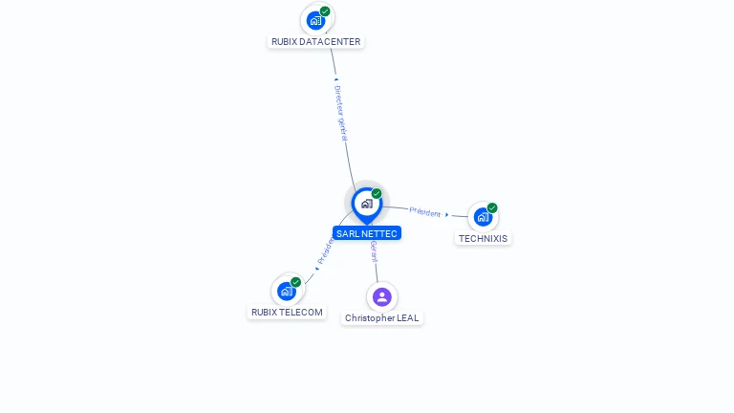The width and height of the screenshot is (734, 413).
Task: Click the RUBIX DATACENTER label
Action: click(x=315, y=42)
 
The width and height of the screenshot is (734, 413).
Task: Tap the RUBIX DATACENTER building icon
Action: click(x=315, y=20)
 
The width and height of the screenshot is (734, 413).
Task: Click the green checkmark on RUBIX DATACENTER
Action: click(x=325, y=11)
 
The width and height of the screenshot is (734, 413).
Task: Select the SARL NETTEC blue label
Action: click(x=366, y=233)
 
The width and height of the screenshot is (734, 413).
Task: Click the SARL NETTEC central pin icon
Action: click(x=366, y=204)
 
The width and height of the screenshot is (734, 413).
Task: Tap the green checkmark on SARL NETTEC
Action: click(x=377, y=194)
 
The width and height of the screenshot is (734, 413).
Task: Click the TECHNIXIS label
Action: click(x=483, y=238)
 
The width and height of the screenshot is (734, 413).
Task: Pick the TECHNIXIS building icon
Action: click(x=482, y=217)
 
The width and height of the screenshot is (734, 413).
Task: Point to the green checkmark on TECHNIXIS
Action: click(x=492, y=207)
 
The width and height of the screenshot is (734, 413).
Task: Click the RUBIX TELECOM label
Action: click(x=287, y=312)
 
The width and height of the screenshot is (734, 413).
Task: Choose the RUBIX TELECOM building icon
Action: click(x=286, y=291)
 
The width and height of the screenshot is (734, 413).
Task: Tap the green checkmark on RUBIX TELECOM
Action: click(x=296, y=282)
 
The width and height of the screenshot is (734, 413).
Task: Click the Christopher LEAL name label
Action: click(x=381, y=317)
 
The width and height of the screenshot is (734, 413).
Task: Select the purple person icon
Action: click(x=381, y=296)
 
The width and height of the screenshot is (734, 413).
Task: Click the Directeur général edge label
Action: click(x=341, y=113)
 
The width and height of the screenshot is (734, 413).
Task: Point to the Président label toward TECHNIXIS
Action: click(x=425, y=212)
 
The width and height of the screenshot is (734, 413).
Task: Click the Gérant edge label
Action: click(x=374, y=251)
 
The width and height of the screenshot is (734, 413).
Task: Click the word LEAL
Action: click(x=406, y=317)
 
